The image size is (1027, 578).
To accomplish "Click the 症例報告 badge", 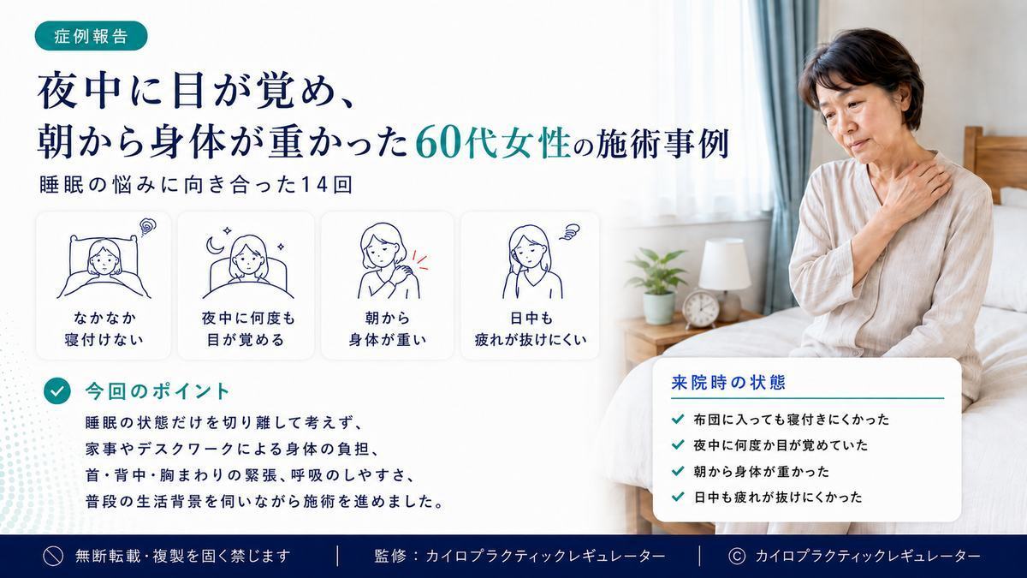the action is [x=91, y=36].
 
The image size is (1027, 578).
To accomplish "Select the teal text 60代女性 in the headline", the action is [x=493, y=144].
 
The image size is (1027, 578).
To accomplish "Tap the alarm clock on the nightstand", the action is [x=700, y=309].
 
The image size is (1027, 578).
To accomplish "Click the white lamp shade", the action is [x=724, y=265].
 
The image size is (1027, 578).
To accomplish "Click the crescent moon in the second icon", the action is [x=214, y=246].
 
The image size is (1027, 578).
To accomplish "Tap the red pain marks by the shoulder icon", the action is [x=419, y=260].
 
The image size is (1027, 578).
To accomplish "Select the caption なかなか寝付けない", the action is [x=104, y=329].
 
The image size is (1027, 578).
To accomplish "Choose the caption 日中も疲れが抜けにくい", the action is [x=531, y=329].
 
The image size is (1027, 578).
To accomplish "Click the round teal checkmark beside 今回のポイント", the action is [x=57, y=390].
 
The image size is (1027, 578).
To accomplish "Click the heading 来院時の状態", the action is [x=728, y=383].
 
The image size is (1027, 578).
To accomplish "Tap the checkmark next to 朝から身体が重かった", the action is [x=678, y=471].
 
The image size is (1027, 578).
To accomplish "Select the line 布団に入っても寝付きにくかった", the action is [x=792, y=420].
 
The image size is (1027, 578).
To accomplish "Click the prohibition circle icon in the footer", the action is [x=53, y=557].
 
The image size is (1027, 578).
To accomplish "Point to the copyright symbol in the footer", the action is [x=737, y=557].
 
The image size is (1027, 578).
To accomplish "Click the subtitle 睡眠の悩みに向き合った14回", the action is [x=196, y=185].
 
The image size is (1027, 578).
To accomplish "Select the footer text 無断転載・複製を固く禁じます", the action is [x=183, y=557].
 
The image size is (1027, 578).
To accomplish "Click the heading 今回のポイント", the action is [x=157, y=391].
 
